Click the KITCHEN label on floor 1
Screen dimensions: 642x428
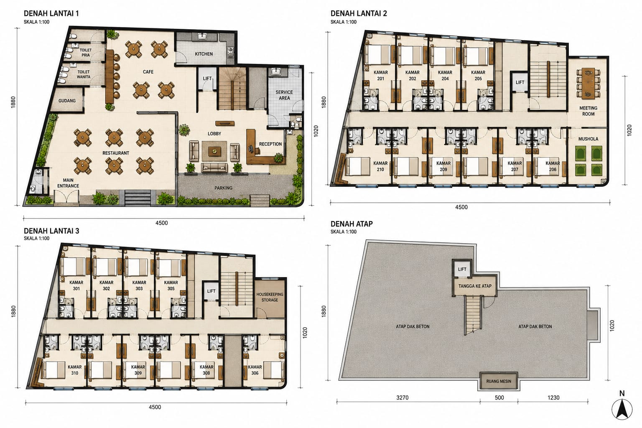tap(204, 54)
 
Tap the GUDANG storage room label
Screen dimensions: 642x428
tap(67, 101)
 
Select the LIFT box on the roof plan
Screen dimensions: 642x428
tap(462, 269)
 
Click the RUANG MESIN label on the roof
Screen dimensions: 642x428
tap(499, 381)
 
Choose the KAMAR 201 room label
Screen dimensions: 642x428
tap(381, 75)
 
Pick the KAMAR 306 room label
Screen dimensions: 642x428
tap(255, 370)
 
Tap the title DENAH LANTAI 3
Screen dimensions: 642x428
tap(51, 231)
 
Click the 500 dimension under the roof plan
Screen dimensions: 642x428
tap(499, 397)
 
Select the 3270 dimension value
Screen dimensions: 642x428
tap(403, 397)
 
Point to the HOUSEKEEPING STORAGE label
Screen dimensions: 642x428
tap(270, 297)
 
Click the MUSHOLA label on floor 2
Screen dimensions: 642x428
tap(588, 139)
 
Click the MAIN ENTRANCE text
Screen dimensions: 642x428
tap(68, 183)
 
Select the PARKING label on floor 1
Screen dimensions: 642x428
tap(223, 188)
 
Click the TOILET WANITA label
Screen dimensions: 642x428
tap(84, 74)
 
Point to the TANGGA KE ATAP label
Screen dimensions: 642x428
tap(475, 286)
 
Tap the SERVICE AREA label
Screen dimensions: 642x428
tap(284, 95)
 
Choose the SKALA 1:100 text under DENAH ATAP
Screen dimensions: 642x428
tap(343, 232)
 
